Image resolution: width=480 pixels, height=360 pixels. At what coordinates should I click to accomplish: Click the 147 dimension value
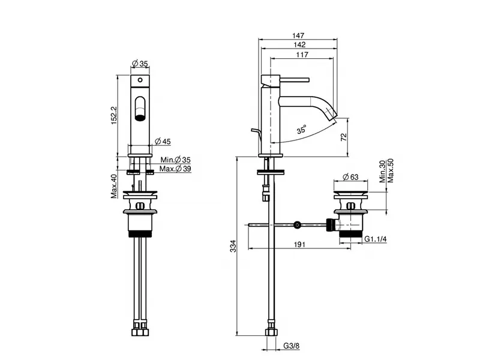pos(298,35)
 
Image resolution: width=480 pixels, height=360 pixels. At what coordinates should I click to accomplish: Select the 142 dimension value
pos(299,44)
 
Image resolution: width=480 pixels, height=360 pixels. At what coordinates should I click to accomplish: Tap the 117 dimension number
pos(302,55)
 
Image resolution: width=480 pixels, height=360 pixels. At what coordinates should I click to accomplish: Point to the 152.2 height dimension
pos(114,115)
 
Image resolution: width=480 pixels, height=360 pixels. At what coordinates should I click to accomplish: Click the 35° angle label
pos(302,130)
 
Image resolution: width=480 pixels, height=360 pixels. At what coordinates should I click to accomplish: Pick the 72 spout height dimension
pos(344,137)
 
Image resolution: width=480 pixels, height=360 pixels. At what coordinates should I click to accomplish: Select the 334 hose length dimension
pos(233,246)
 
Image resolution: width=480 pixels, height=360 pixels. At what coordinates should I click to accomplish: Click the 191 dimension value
pos(299,244)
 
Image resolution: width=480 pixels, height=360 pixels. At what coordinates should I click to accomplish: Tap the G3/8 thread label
pos(292,346)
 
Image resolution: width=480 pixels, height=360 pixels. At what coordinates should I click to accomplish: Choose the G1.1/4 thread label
pos(376,239)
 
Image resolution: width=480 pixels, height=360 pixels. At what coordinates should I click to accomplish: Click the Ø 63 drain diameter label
pos(350,177)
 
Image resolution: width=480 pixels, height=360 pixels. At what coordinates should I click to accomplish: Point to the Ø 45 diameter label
pos(163,142)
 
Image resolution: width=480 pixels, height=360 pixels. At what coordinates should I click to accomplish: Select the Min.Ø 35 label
pos(175,160)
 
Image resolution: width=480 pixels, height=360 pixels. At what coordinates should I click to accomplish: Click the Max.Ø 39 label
pos(175,169)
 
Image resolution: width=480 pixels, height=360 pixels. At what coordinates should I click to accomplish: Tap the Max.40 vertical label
pos(114,186)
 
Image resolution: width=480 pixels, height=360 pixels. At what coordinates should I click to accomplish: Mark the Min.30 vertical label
pos(383,172)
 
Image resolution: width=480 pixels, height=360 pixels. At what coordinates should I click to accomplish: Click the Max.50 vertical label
pos(391,170)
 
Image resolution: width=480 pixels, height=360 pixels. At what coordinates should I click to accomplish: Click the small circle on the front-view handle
pos(140,80)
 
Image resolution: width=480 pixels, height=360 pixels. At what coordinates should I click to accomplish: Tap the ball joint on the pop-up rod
pos(296,225)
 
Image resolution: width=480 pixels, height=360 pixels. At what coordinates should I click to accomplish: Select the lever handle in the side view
pos(285,80)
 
